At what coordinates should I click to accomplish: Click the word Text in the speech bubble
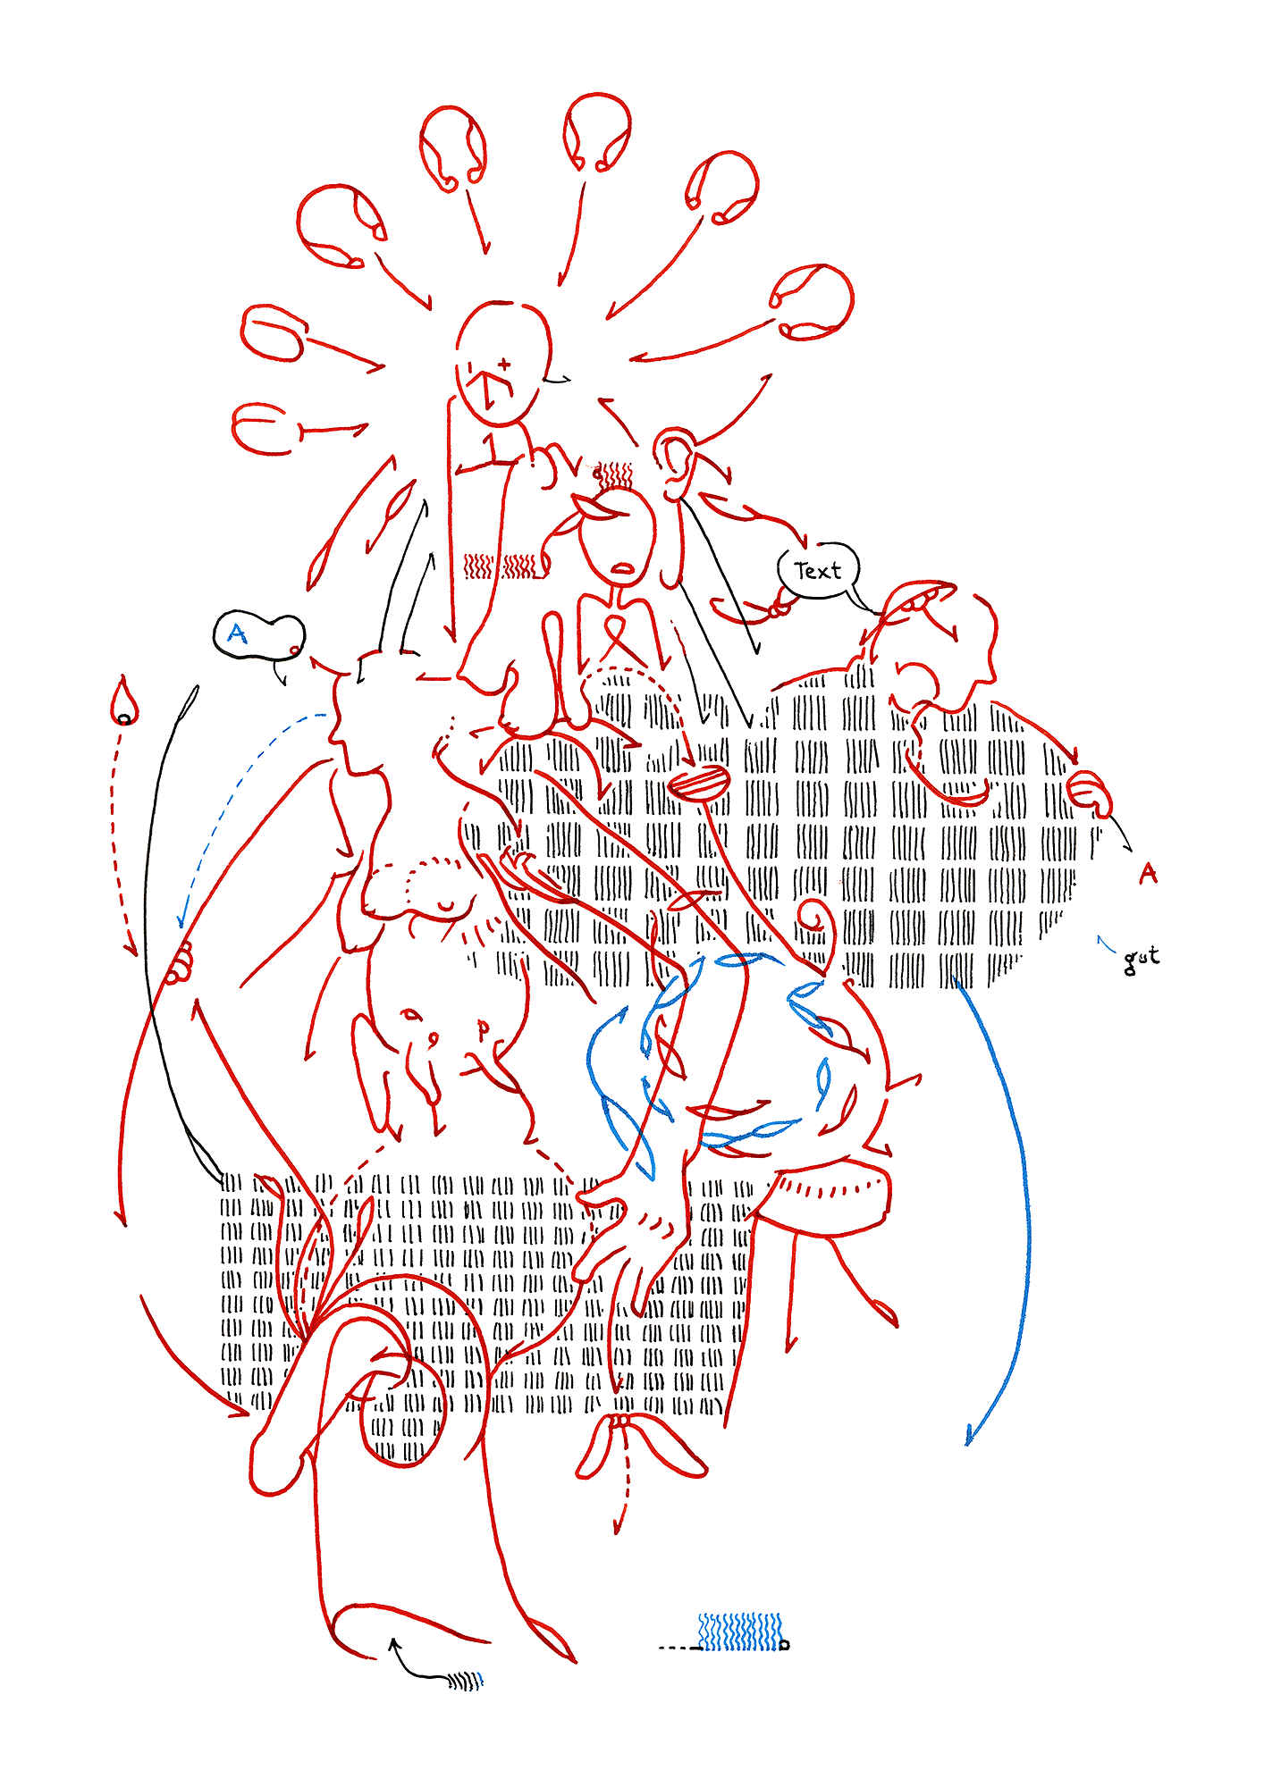tap(817, 570)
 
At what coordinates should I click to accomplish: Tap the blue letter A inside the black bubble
tap(237, 633)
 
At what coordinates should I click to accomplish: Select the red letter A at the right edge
tap(1148, 873)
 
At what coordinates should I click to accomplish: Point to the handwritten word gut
tap(1141, 959)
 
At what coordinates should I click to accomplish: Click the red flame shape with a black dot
tap(124, 702)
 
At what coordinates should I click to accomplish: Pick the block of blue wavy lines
tap(740, 1632)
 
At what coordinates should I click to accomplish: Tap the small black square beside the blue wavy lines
tap(785, 1644)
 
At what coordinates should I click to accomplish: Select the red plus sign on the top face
tap(504, 364)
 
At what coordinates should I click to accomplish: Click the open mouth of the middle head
tap(622, 567)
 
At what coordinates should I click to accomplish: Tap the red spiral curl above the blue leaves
tap(819, 920)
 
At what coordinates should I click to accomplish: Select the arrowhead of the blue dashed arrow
tap(181, 919)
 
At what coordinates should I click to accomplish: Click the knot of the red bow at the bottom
tap(619, 1422)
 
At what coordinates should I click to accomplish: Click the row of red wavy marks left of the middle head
tap(503, 566)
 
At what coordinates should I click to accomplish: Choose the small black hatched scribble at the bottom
tap(466, 1682)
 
